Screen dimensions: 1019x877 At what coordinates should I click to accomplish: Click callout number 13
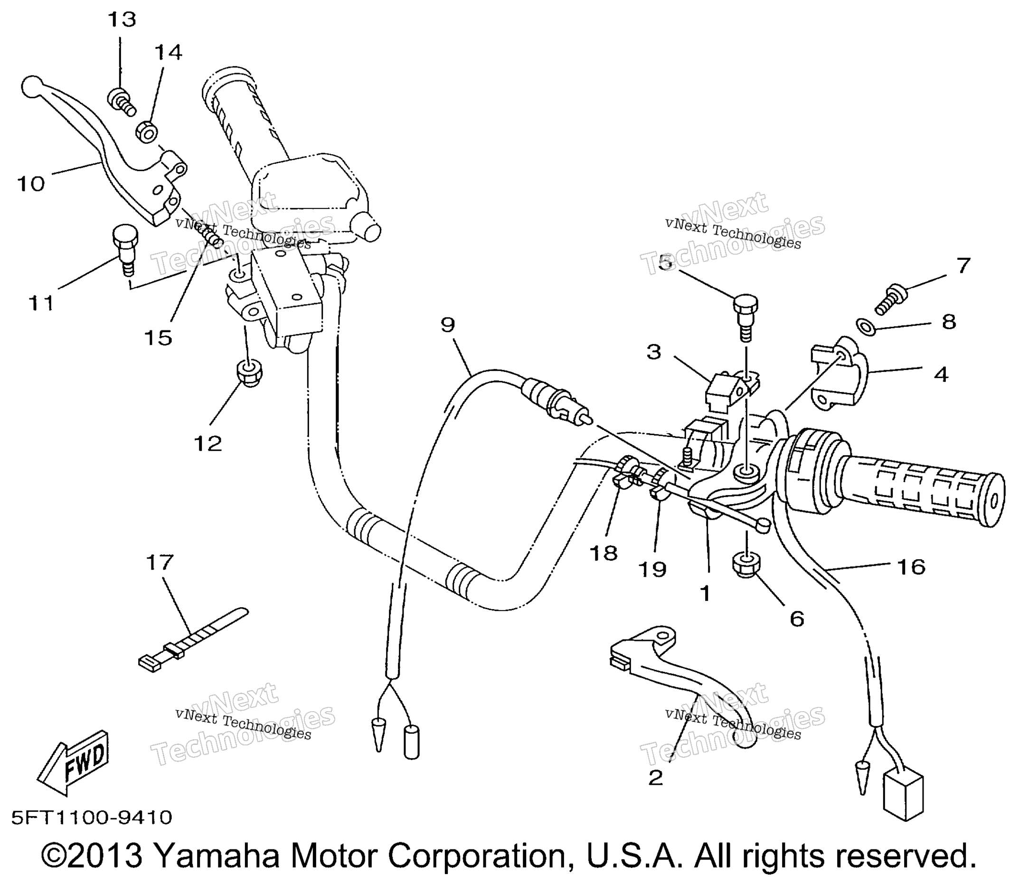tap(122, 20)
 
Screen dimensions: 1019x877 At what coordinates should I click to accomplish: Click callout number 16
tap(911, 566)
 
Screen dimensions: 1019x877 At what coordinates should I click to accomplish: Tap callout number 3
tap(653, 353)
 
